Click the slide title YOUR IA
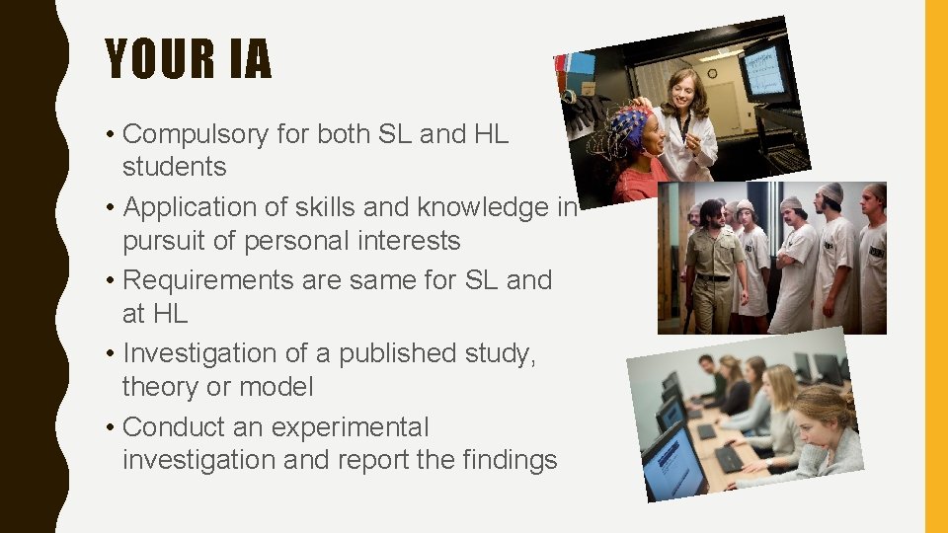(x=188, y=58)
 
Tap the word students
(x=174, y=168)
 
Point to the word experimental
(x=350, y=427)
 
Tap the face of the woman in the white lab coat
(x=682, y=91)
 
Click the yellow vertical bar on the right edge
(x=935, y=266)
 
